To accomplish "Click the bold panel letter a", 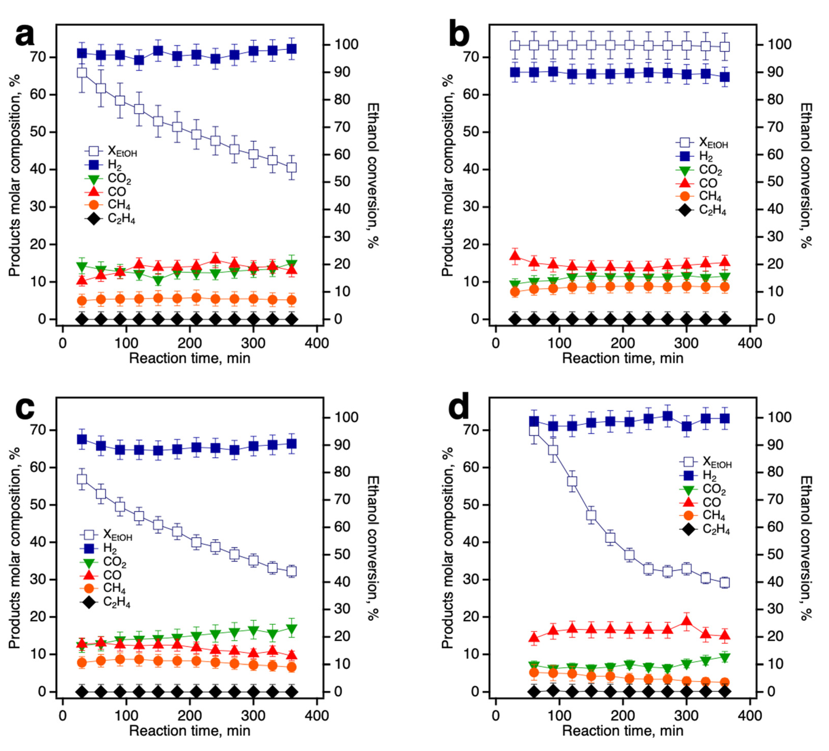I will click(25, 36).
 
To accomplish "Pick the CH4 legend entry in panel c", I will click(105, 588).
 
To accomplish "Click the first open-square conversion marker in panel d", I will click(534, 431).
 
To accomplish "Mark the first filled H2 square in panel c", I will click(82, 440).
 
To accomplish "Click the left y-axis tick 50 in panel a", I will click(38, 132).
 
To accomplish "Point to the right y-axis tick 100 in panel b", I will click(780, 44).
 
